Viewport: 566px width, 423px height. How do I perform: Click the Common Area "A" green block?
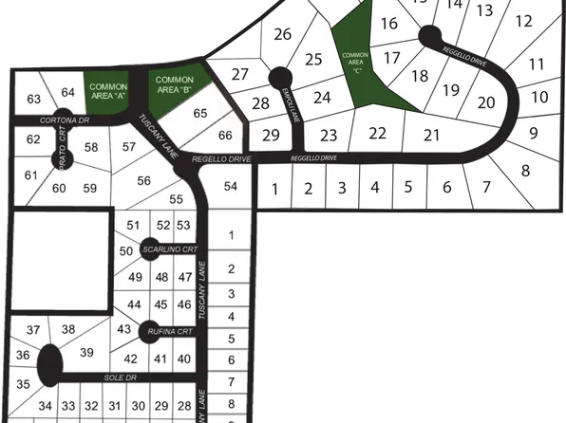pyautogui.click(x=108, y=91)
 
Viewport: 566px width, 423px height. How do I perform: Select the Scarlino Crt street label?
pyautogui.click(x=171, y=249)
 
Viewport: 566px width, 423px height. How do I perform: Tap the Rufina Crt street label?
pyautogui.click(x=171, y=331)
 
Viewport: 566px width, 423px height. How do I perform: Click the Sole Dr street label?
pyautogui.click(x=115, y=377)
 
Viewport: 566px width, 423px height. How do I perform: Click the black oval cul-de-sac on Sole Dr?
pyautogui.click(x=48, y=361)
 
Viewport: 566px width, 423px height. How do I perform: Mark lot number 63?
pyautogui.click(x=34, y=100)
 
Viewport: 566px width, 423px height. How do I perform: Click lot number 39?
pyautogui.click(x=87, y=353)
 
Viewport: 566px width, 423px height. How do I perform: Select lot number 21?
pyautogui.click(x=433, y=134)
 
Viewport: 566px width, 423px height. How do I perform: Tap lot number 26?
pyautogui.click(x=282, y=35)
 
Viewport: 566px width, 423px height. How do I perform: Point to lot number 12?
pyautogui.click(x=523, y=22)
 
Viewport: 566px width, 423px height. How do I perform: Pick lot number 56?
pyautogui.click(x=144, y=181)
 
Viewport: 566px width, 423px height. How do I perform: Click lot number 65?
pyautogui.click(x=200, y=113)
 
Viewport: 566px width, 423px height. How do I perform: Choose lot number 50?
pyautogui.click(x=126, y=250)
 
